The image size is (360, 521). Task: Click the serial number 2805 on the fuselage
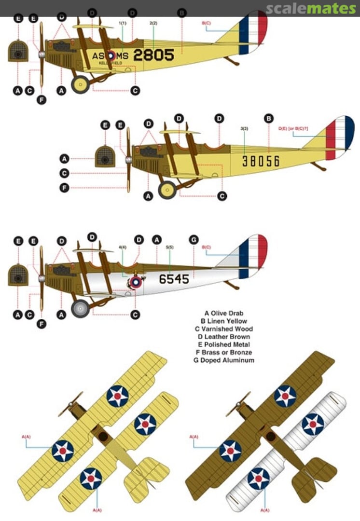(x=153, y=55)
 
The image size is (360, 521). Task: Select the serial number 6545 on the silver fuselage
(x=174, y=279)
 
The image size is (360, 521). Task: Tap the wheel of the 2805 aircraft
(x=80, y=85)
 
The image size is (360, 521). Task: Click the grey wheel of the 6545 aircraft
(x=81, y=308)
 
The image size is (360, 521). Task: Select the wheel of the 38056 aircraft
(x=167, y=190)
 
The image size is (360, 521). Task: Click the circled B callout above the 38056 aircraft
(x=269, y=118)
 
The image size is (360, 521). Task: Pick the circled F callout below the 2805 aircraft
(x=42, y=100)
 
